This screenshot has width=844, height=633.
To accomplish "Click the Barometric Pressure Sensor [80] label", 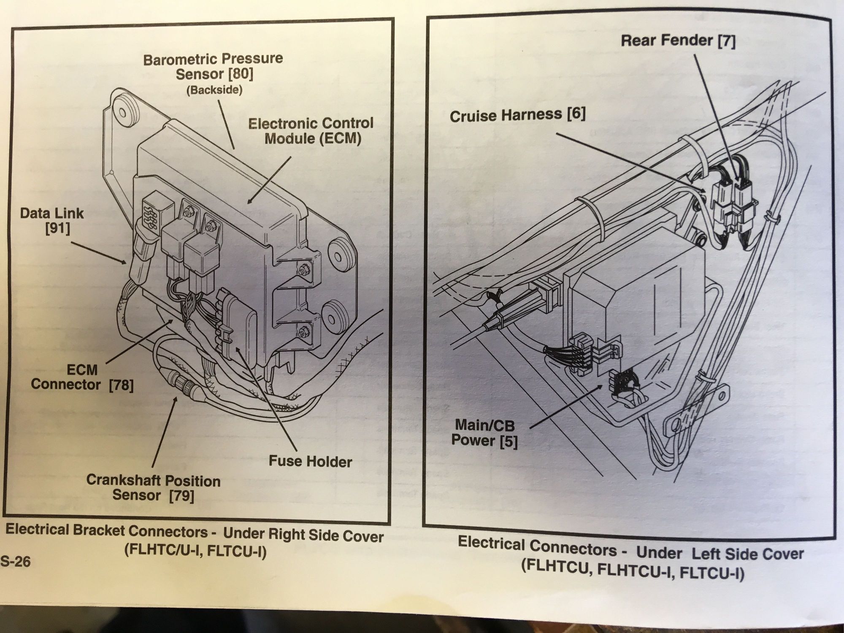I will (x=214, y=66).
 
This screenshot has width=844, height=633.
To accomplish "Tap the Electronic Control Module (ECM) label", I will (x=311, y=131).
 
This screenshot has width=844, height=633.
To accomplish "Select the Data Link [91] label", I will (x=52, y=220).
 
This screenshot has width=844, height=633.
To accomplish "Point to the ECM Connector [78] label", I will (x=82, y=377).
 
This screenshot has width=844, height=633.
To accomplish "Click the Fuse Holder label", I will (x=310, y=461).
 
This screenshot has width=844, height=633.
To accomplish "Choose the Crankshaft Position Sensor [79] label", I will (x=153, y=487).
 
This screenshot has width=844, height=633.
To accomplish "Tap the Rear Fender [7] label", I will (x=678, y=41).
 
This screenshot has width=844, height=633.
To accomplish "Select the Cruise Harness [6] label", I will (x=517, y=115).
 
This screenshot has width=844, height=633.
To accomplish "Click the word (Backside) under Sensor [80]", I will (x=215, y=90).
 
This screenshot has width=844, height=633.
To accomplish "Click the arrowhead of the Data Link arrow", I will (x=125, y=262).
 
